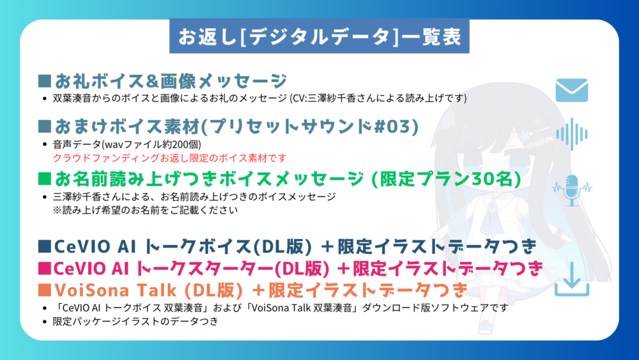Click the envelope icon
572,90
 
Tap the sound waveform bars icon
572,134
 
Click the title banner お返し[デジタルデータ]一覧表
319,36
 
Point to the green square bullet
45,178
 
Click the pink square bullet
45,268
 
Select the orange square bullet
45,290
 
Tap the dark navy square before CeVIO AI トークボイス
45,246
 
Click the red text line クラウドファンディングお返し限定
169,158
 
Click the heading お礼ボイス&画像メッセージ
171,81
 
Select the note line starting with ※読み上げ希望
145,210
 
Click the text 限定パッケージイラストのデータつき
135,321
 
